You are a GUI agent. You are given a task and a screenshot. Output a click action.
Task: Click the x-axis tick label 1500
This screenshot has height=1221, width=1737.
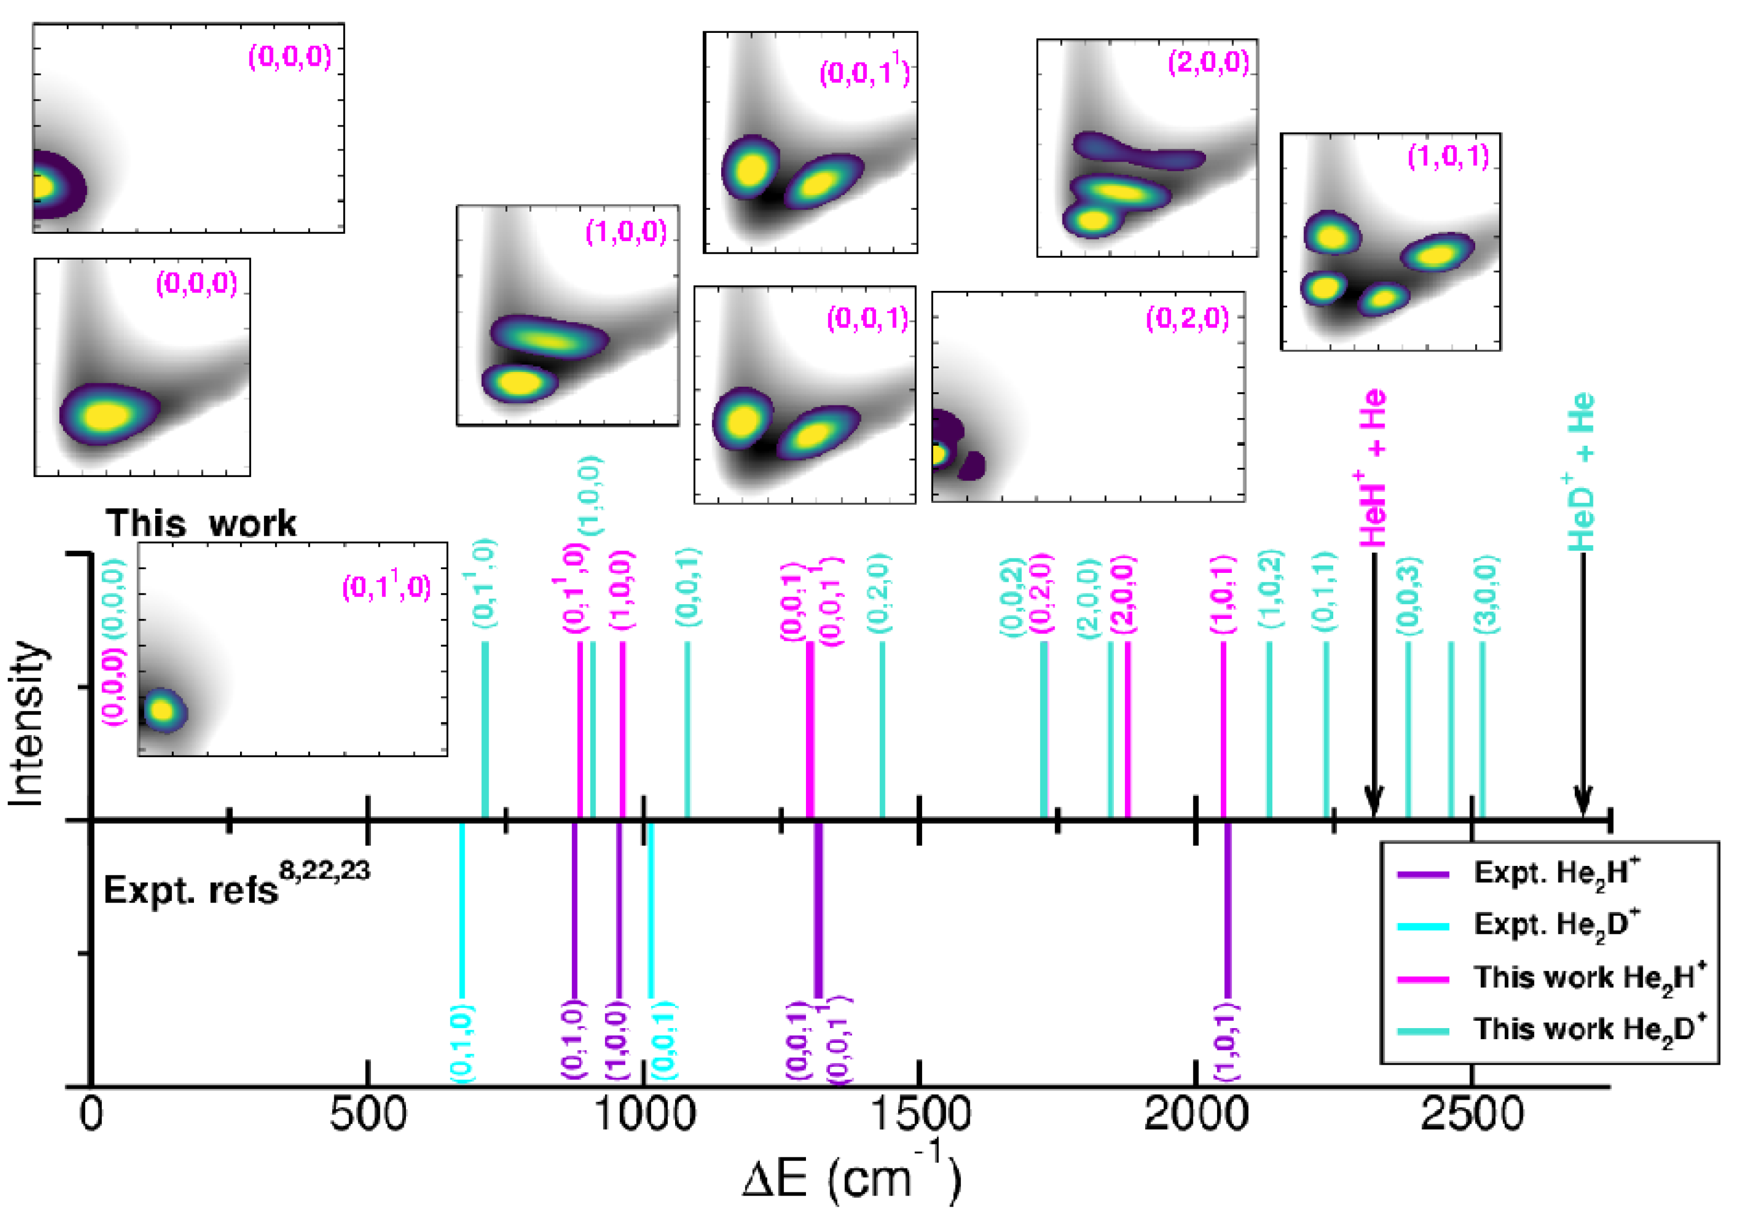pos(920,1116)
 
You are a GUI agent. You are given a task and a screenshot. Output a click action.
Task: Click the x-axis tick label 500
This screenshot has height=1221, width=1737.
pos(368,1116)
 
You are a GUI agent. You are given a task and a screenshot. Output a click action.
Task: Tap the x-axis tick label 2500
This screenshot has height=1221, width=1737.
pos(1472,1116)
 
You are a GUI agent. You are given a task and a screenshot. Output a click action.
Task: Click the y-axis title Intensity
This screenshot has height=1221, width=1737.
pos(26,722)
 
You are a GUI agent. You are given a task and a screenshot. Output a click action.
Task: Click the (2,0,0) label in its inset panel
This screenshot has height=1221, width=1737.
pos(1208,62)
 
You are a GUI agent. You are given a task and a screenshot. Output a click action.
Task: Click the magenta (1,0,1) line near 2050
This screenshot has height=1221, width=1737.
pos(1224,730)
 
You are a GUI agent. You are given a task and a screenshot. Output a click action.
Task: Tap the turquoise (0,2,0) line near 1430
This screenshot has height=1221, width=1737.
pos(882,730)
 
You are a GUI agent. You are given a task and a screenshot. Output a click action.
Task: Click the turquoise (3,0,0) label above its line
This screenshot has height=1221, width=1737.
pos(1486,595)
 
